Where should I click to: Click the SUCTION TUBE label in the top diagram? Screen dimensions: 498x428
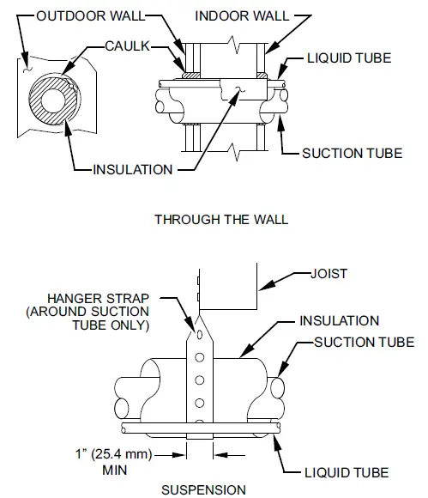click(352, 154)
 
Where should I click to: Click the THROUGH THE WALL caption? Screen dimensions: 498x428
click(221, 219)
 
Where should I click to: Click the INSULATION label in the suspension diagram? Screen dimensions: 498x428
click(339, 321)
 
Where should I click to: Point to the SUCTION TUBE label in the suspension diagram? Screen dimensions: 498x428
click(363, 343)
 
